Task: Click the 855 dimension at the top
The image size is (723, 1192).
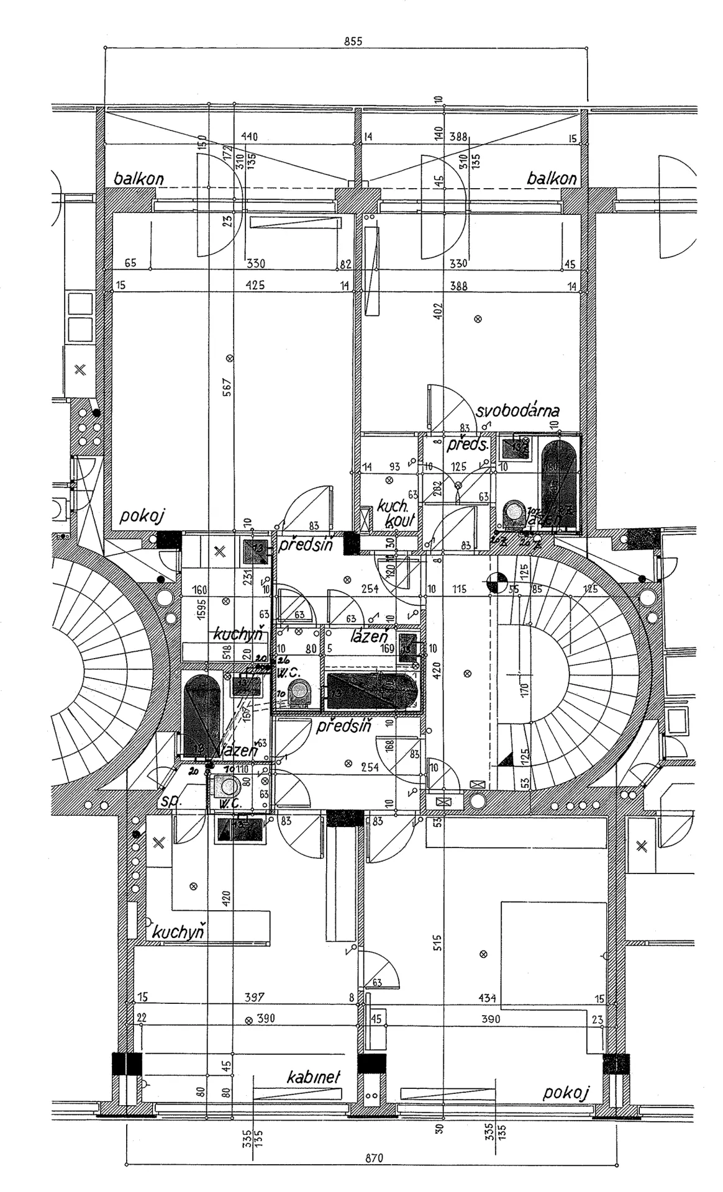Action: point(352,42)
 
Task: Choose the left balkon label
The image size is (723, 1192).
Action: point(139,179)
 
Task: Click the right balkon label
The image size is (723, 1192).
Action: point(551,179)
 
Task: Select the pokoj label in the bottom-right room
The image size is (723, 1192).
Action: point(566,1093)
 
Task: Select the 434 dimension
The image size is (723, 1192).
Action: point(488,998)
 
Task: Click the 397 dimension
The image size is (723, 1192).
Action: point(255,997)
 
